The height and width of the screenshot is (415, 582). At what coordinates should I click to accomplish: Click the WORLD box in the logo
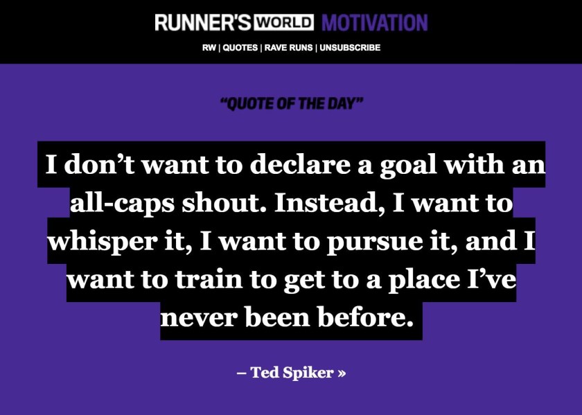coord(283,22)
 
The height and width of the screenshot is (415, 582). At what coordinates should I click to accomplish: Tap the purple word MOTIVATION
coord(375,23)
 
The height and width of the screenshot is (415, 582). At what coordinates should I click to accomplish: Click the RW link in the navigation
coord(209,48)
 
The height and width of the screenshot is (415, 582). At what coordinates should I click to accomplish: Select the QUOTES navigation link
coord(240,48)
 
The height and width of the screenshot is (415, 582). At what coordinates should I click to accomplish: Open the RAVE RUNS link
coord(289,48)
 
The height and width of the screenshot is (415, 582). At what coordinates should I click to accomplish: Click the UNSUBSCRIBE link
coord(350,48)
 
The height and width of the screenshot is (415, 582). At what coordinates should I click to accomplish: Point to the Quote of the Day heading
coord(292,103)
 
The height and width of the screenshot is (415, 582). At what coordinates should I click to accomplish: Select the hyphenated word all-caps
coord(122,204)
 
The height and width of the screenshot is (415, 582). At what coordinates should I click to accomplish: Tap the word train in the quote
coord(209,279)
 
